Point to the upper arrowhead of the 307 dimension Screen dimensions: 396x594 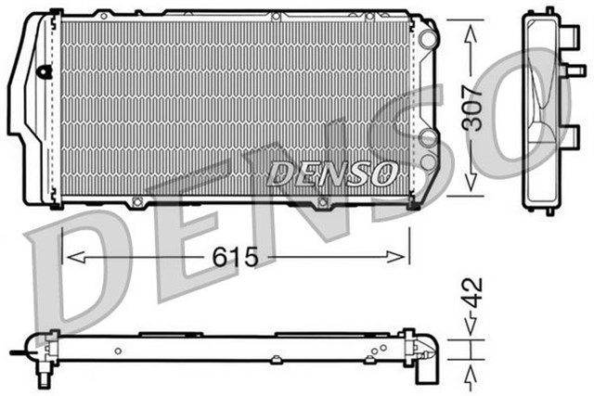472,31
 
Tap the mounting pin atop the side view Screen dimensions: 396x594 549,10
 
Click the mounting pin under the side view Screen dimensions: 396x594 549,210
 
